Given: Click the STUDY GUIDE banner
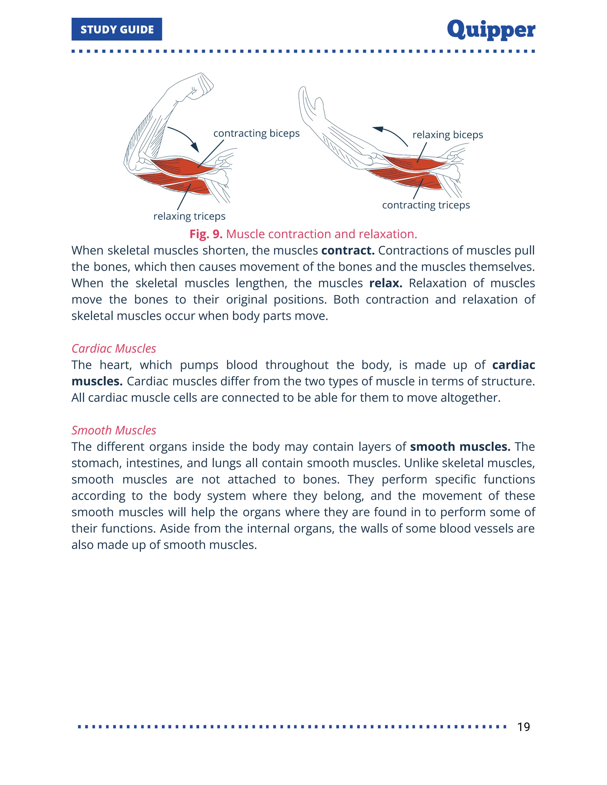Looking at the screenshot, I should pyautogui.click(x=116, y=29).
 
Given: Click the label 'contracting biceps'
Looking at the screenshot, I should pyautogui.click(x=256, y=133).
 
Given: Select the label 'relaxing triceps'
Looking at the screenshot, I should pyautogui.click(x=189, y=216).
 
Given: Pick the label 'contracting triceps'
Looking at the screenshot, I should pyautogui.click(x=426, y=205).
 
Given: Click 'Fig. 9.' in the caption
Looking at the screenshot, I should pyautogui.click(x=206, y=234).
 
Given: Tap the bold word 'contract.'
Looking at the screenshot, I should pyautogui.click(x=348, y=250).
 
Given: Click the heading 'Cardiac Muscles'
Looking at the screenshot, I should pyautogui.click(x=114, y=348).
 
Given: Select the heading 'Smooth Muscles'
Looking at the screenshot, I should pyautogui.click(x=114, y=430).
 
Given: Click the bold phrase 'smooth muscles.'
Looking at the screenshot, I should pyautogui.click(x=460, y=446).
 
